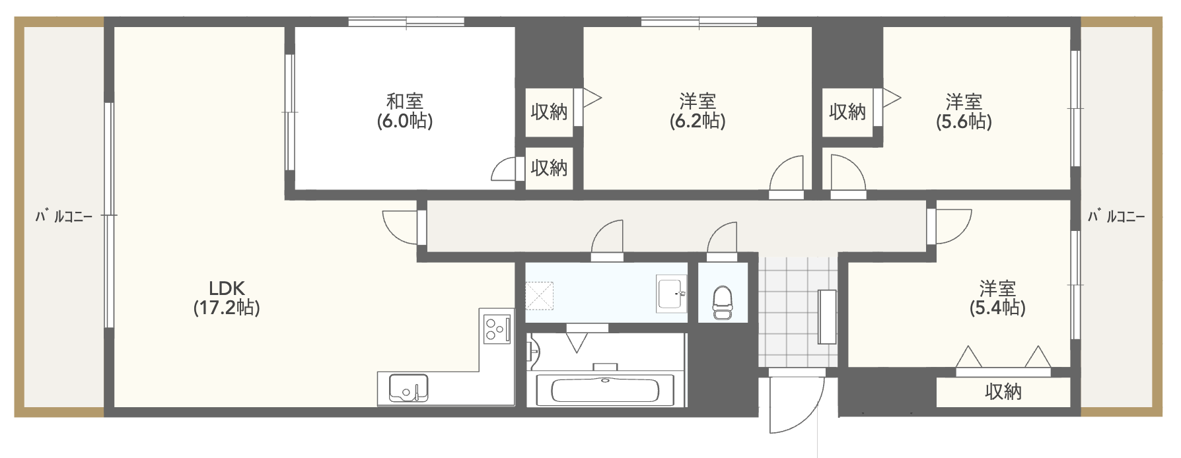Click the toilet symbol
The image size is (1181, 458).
[x=722, y=302]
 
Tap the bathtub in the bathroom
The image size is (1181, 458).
[x=604, y=390]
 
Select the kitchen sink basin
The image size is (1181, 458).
[x=408, y=388]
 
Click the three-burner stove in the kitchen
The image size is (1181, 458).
[x=497, y=328]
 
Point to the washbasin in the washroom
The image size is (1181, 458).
[x=672, y=294]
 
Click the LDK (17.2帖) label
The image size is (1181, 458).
[x=227, y=298]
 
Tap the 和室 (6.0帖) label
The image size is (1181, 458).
[x=405, y=111]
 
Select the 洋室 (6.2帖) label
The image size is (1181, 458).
[x=698, y=111]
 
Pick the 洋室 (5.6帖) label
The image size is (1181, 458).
[x=964, y=111]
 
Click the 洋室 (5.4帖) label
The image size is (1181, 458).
[x=997, y=298]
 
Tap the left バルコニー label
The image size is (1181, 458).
[x=64, y=216]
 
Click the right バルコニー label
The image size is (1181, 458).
[x=1116, y=216]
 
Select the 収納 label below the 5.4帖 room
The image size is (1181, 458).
[x=1003, y=392]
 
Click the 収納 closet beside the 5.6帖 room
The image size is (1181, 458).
[x=847, y=112]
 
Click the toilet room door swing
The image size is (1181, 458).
[x=722, y=239]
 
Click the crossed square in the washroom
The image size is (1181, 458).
[x=540, y=296]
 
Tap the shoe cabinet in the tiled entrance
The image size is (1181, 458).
[x=827, y=317]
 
